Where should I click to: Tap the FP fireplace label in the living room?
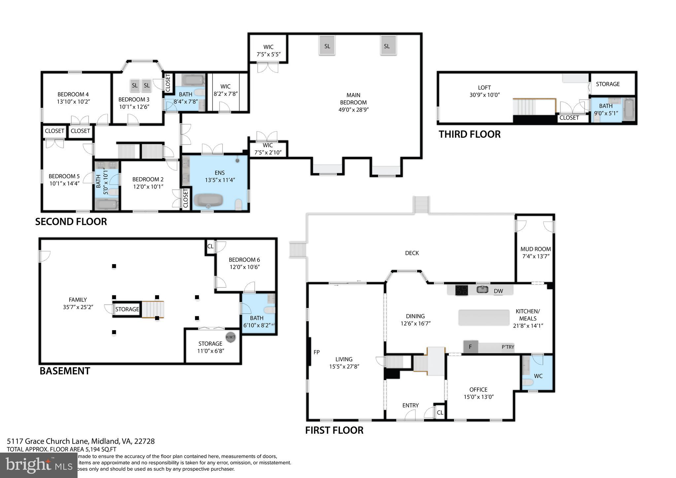coord(317,352)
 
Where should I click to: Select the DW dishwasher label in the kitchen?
coord(498,291)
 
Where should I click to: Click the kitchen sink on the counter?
coord(483,290)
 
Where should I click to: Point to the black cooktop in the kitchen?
coord(461,290)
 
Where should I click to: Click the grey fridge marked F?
coord(471,347)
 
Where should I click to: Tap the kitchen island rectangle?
coord(484,318)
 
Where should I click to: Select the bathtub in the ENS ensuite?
coord(208,200)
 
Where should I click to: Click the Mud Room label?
coord(535,249)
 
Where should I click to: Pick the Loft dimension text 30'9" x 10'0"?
coord(485,95)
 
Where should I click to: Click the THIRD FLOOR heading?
coord(469,134)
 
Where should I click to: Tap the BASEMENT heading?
coord(65,371)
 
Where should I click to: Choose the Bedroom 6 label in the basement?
coord(245,260)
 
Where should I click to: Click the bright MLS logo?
coord(39,465)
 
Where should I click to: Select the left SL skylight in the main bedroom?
coord(327,46)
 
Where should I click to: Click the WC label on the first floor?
coord(538,376)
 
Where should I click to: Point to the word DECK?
coord(412,253)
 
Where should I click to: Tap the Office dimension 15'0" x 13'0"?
coord(478,397)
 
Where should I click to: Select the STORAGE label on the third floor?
coord(608,84)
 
